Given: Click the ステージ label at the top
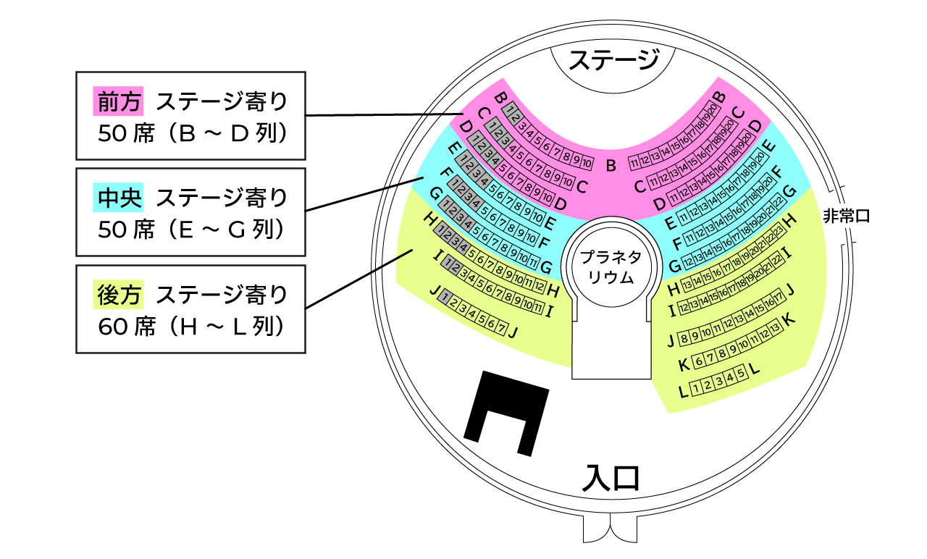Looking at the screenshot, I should pyautogui.click(x=613, y=59).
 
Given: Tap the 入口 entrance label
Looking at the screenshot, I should pyautogui.click(x=613, y=478).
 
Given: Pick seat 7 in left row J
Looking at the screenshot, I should pyautogui.click(x=501, y=328).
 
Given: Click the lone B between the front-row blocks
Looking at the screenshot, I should pyautogui.click(x=611, y=166).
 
